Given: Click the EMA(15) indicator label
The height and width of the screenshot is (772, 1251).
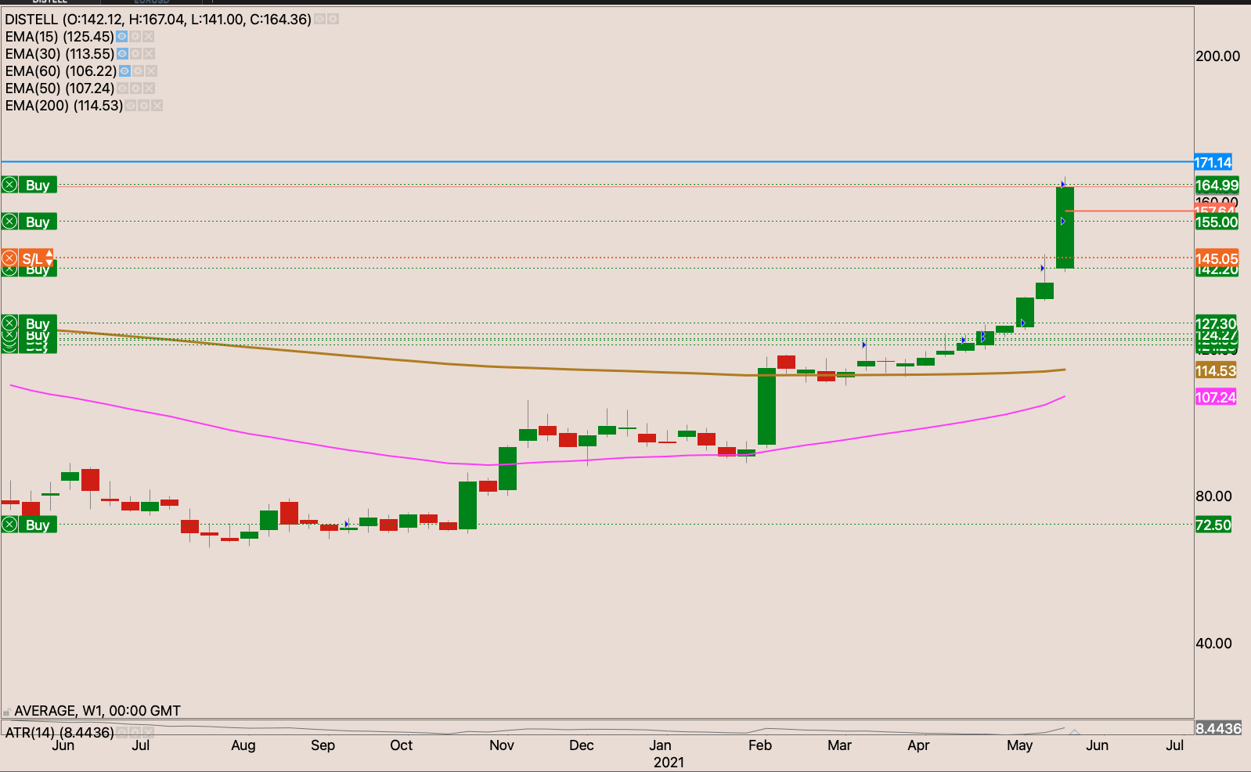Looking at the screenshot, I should coord(59,37).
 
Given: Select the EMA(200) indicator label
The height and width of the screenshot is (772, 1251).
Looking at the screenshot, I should coord(63,106).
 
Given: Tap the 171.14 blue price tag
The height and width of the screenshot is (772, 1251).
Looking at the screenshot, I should coord(1213,163).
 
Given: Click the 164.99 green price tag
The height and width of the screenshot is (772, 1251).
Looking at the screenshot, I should coord(1217,186).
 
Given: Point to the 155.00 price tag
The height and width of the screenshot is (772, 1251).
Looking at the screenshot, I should coord(1217,222).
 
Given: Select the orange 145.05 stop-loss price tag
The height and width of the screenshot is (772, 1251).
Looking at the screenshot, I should coord(1217,258).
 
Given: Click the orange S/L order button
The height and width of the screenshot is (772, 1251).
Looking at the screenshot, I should coord(28,258).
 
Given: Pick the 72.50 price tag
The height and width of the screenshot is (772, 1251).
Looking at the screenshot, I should coord(1213,525).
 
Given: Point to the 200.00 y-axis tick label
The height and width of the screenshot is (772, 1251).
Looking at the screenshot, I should coord(1217,56).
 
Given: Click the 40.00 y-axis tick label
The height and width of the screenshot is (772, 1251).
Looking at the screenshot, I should coord(1213,644).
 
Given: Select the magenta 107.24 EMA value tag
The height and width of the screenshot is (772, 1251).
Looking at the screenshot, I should coord(1215,397).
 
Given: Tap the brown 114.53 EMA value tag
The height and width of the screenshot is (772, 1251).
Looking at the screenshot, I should coord(1215,371).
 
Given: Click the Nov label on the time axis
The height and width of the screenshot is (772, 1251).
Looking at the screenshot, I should coord(502,745).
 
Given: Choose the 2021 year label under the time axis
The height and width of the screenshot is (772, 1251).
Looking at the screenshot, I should coord(669,763).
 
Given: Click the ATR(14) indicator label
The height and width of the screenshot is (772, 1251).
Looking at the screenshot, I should coord(59,733).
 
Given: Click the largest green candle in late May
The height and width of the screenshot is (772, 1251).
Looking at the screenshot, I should coord(1065,227).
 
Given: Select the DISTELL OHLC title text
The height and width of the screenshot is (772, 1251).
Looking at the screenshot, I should coord(158,20).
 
